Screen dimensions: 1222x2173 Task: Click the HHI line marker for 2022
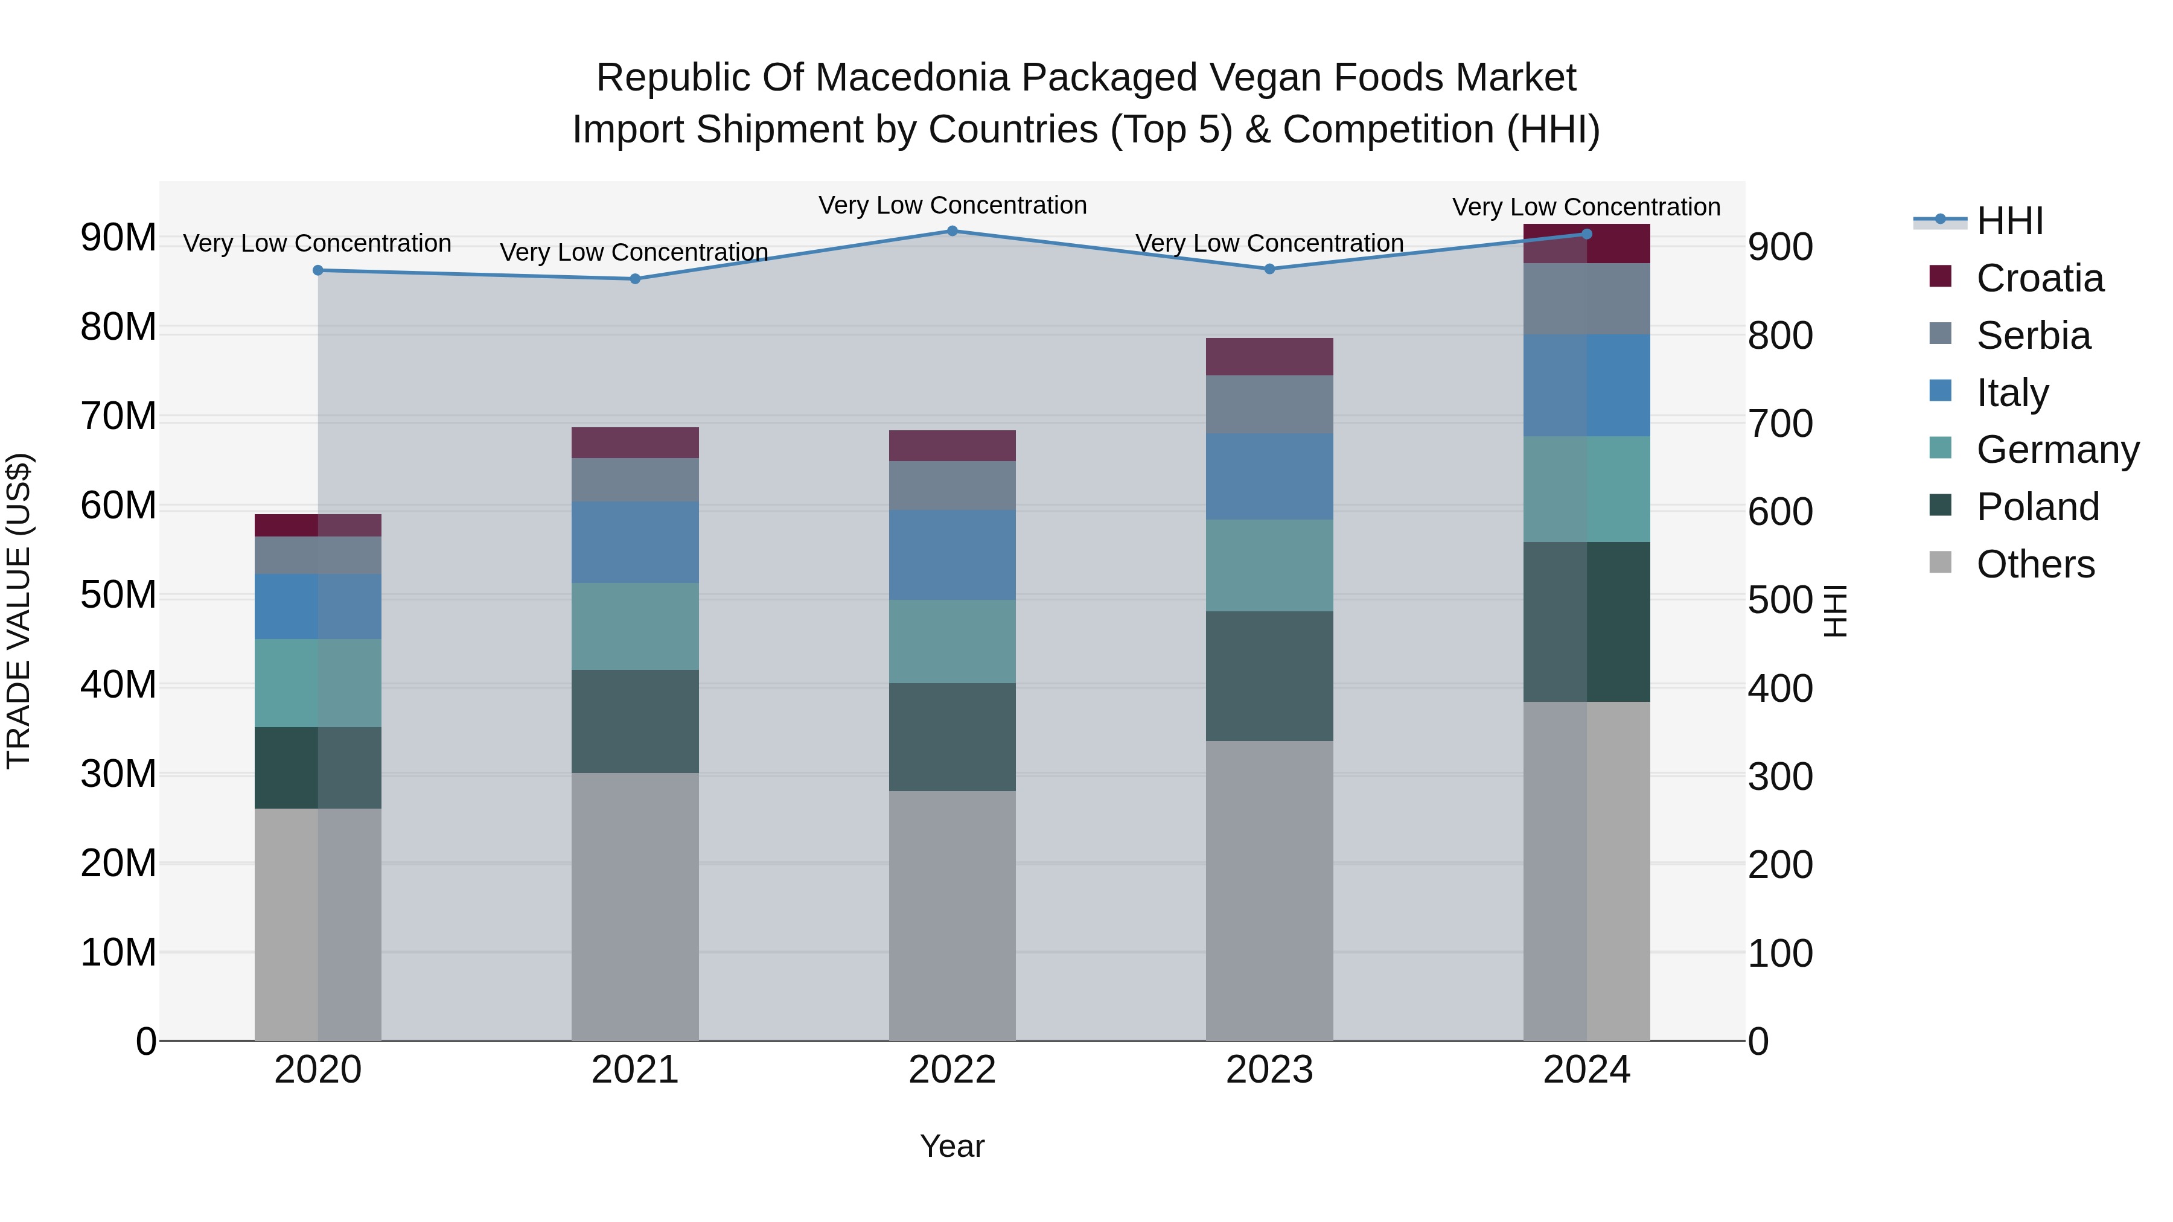tap(952, 231)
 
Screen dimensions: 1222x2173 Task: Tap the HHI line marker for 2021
tap(635, 279)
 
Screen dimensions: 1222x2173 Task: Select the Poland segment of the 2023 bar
tap(1269, 676)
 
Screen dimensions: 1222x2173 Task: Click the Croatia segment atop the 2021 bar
tap(635, 443)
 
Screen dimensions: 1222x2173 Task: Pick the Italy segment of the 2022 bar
tap(952, 555)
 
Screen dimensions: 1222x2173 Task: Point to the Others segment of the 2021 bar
tap(635, 906)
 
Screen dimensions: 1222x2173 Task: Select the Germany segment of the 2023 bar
tap(1269, 565)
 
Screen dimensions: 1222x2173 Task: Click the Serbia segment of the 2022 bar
tap(952, 486)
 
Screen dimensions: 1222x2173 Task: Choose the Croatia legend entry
tap(2039, 278)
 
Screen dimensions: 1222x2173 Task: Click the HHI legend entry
tap(2009, 221)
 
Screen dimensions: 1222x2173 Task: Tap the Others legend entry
tap(2035, 564)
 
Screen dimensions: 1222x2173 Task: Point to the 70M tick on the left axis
tap(118, 416)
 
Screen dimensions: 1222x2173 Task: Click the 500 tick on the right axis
tap(1780, 600)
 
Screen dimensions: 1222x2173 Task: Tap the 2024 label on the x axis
tap(1586, 1070)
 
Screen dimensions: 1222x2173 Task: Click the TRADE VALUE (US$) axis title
tap(19, 611)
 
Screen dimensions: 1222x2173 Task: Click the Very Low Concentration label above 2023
tap(1269, 243)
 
